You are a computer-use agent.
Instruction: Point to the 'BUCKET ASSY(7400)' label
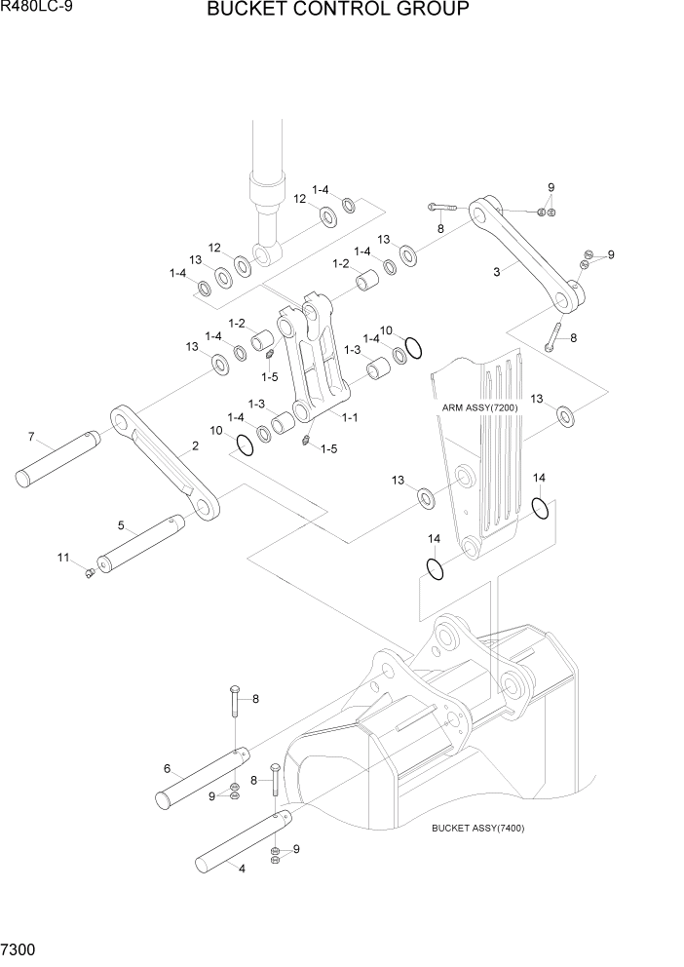tap(477, 829)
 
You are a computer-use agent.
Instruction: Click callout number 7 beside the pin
tap(31, 436)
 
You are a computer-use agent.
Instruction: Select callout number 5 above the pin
tap(122, 525)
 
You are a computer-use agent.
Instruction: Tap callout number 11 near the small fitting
tap(63, 558)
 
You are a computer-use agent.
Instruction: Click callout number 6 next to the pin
tap(168, 768)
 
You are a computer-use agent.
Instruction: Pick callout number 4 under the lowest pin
tap(242, 870)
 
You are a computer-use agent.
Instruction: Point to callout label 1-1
tap(349, 416)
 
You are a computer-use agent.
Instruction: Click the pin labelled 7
tap(58, 459)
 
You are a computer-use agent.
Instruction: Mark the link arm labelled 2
tap(164, 463)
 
